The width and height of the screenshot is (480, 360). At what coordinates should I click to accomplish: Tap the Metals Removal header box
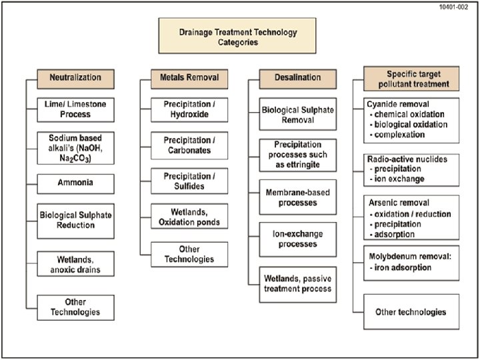pyautogui.click(x=179, y=78)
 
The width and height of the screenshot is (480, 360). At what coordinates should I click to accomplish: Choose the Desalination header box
pyautogui.click(x=297, y=78)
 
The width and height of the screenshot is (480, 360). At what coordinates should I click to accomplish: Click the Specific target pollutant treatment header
pyautogui.click(x=412, y=79)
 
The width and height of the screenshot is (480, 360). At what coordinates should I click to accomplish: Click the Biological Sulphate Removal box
pyautogui.click(x=297, y=114)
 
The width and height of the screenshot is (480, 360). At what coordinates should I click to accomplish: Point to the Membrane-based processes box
pyautogui.click(x=297, y=197)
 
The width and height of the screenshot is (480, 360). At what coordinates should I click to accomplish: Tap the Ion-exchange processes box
pyautogui.click(x=297, y=239)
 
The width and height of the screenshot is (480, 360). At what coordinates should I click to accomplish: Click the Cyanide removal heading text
pyautogui.click(x=397, y=105)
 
